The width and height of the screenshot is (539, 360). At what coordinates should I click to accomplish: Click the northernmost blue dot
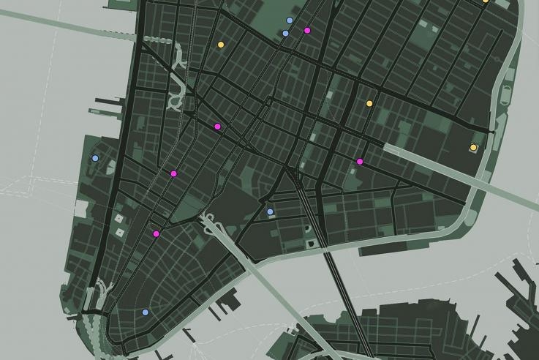point(290,20)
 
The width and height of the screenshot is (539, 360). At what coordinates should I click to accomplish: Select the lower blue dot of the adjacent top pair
point(285,33)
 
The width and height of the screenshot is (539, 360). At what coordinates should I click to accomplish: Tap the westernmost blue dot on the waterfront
point(95,158)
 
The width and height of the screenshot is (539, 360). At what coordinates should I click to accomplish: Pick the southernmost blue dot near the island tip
point(145,312)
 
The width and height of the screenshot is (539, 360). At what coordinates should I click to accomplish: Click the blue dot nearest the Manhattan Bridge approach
point(270,211)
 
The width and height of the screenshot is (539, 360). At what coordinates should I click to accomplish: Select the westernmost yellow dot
point(221,45)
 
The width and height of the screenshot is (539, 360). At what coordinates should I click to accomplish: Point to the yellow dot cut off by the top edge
point(485,1)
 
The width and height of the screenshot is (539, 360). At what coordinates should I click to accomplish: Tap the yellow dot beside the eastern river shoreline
point(473,148)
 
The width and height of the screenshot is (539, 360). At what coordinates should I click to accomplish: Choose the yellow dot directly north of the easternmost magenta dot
point(369,103)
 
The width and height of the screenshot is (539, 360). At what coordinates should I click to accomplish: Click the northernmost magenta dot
point(307,30)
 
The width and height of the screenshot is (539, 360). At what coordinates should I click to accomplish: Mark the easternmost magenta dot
point(360,162)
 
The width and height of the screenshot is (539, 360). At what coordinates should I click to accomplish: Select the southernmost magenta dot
point(157,234)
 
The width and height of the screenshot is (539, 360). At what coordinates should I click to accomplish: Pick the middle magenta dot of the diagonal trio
point(173,174)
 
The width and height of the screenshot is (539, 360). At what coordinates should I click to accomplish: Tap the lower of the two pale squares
point(119,232)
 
